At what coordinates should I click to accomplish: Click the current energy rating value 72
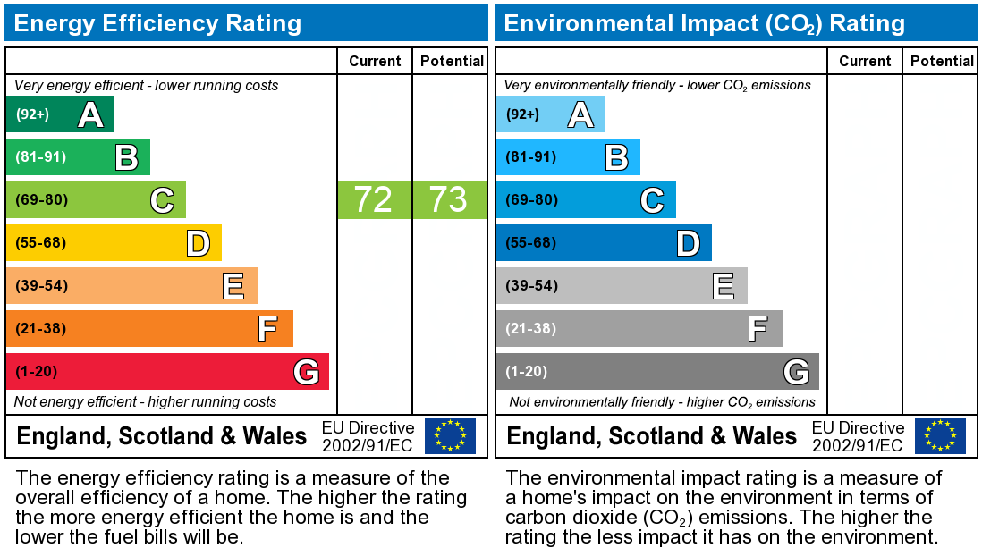[x=374, y=199]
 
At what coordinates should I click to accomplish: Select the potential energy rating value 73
[x=449, y=199]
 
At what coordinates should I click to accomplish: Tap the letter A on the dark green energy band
[x=90, y=114]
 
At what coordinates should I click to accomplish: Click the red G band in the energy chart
[x=167, y=371]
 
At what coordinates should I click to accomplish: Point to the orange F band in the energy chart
[x=149, y=328]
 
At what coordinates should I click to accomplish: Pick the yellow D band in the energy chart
[x=114, y=242]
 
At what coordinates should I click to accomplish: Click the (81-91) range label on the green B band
[x=41, y=157]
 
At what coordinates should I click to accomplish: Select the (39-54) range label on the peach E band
[x=41, y=286]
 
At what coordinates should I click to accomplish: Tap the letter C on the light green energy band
[x=161, y=200]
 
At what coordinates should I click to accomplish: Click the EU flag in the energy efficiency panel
[x=450, y=436]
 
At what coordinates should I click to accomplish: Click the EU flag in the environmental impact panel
[x=940, y=436]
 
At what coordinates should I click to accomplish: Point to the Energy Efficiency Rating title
[x=157, y=23]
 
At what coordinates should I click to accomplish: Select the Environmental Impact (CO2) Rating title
[x=705, y=23]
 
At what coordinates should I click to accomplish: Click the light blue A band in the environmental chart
[x=550, y=114]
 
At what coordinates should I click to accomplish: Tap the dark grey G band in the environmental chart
[x=657, y=371]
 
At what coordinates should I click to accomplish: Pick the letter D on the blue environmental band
[x=687, y=243]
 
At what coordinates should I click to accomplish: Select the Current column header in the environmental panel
[x=865, y=61]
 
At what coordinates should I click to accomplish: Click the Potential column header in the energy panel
[x=452, y=61]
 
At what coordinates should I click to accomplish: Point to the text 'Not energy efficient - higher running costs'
[x=146, y=402]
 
